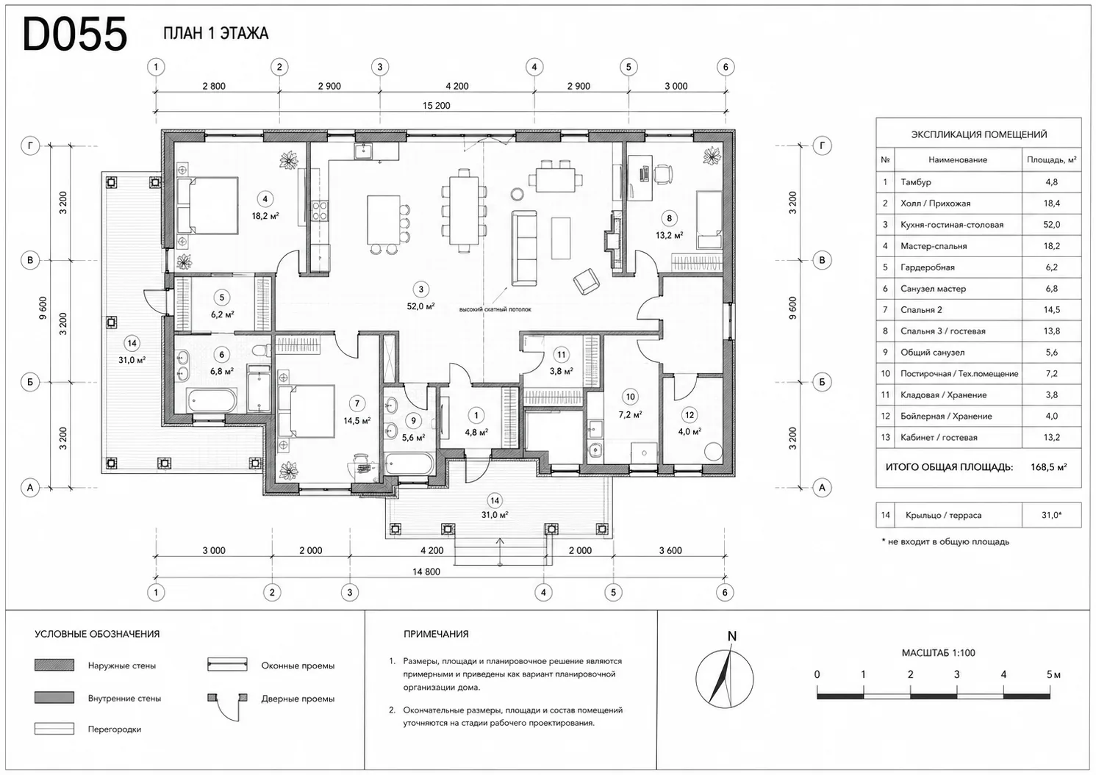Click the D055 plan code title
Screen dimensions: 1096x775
click(75, 34)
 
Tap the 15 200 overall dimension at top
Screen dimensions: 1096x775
click(437, 106)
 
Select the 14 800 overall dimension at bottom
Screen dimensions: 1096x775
click(426, 572)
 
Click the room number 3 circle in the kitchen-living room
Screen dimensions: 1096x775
click(420, 289)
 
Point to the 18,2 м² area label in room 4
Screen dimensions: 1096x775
click(265, 216)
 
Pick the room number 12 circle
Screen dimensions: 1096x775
click(690, 415)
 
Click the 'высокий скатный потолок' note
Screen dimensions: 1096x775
click(495, 309)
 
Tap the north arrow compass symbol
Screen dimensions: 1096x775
click(725, 679)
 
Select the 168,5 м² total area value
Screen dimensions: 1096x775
click(1048, 467)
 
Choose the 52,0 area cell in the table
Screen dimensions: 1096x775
click(1051, 225)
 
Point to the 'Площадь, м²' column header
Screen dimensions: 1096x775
click(1051, 160)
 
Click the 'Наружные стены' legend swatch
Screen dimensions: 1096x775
click(54, 665)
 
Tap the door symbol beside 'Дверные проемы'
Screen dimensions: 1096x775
click(228, 707)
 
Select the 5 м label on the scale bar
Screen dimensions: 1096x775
click(1053, 675)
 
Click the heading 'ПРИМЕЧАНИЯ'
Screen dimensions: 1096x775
click(436, 634)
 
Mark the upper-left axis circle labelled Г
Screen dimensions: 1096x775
click(30, 145)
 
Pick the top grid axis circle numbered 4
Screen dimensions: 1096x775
click(534, 67)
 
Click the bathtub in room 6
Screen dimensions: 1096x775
click(212, 400)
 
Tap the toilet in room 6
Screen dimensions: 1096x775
click(262, 350)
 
